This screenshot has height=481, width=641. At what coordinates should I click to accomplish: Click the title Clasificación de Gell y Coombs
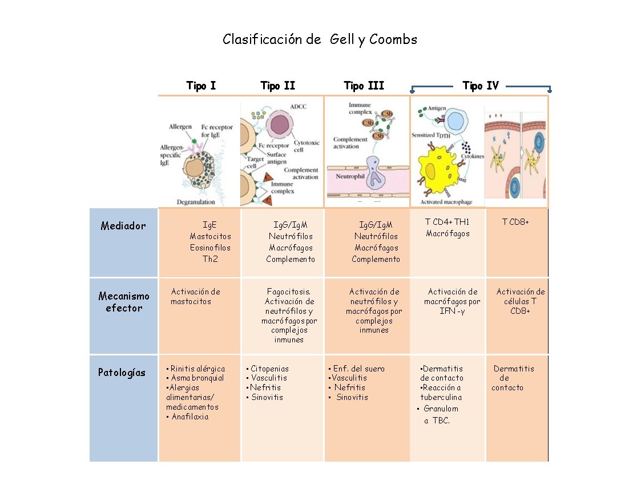click(x=320, y=39)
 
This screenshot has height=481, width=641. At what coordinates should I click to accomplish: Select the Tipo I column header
click(x=201, y=86)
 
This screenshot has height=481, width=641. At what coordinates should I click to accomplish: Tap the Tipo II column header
click(x=277, y=86)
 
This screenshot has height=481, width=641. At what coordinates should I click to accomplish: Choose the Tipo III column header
click(x=364, y=86)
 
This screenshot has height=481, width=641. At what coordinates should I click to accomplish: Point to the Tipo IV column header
click(x=481, y=86)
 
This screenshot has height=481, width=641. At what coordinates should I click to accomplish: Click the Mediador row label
click(x=123, y=225)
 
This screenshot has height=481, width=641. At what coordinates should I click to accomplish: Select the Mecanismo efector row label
click(x=124, y=302)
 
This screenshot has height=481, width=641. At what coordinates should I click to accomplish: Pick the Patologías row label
click(x=122, y=373)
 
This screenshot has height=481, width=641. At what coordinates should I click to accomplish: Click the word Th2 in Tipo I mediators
click(x=210, y=258)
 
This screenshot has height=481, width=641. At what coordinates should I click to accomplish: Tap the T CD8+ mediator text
click(x=515, y=222)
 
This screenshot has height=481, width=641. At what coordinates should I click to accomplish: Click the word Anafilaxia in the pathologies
click(x=190, y=417)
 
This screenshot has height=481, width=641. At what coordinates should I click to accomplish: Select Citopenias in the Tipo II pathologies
click(x=270, y=369)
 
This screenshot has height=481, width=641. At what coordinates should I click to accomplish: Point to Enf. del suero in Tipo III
click(x=359, y=369)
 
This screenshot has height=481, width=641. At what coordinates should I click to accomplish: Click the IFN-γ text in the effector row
click(x=452, y=312)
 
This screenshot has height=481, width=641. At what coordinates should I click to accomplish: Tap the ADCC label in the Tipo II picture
click(x=298, y=107)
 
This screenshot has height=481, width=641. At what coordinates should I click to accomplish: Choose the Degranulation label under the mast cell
click(x=196, y=202)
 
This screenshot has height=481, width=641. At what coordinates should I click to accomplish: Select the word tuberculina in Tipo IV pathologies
click(x=441, y=397)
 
